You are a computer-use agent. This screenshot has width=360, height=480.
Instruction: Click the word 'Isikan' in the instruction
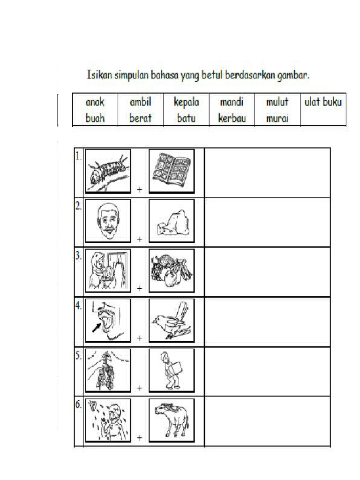tap(98, 75)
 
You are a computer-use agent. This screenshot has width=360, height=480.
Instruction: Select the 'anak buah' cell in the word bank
tap(95, 110)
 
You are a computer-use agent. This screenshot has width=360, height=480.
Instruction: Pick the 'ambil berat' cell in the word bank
tap(141, 110)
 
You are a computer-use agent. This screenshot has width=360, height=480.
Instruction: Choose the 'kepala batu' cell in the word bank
tap(186, 110)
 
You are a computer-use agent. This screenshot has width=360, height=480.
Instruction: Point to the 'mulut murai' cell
tap(277, 110)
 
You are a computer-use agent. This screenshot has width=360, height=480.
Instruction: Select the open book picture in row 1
tap(172, 171)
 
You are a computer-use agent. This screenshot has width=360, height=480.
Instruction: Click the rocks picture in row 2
tap(172, 221)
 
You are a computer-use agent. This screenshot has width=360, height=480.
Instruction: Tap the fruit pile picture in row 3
tap(172, 270)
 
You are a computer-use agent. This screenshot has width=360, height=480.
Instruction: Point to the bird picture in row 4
tap(172, 321)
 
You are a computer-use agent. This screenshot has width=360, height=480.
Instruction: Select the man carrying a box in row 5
tap(172, 370)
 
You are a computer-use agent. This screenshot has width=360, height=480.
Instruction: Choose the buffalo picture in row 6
tap(172, 420)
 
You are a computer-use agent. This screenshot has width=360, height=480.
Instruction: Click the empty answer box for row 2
tap(268, 222)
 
